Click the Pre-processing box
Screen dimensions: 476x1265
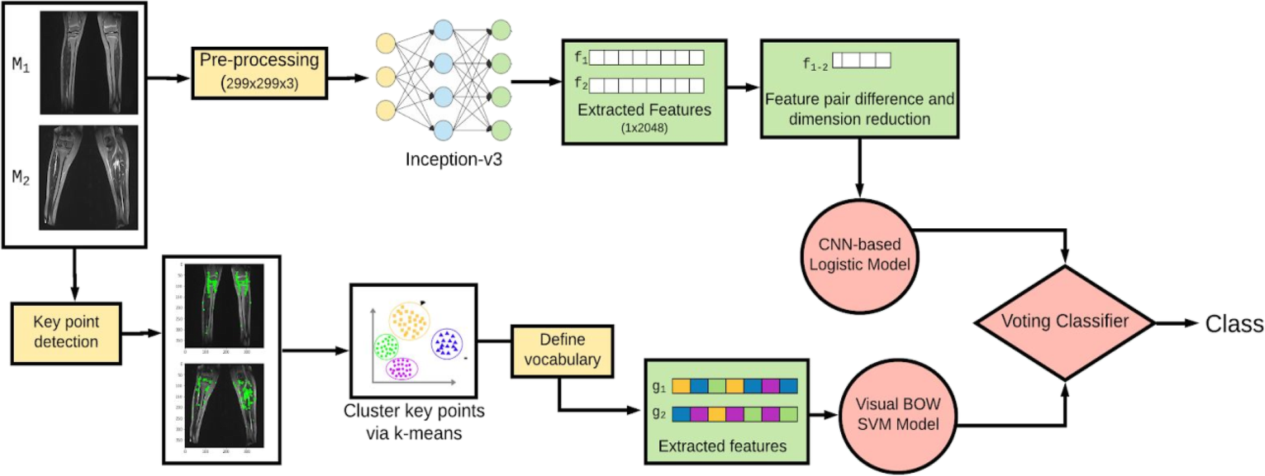pyautogui.click(x=259, y=72)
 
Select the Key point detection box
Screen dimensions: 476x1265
pyautogui.click(x=66, y=332)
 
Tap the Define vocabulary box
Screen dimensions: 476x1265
pyautogui.click(x=562, y=350)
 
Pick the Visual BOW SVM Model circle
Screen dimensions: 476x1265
pyautogui.click(x=898, y=414)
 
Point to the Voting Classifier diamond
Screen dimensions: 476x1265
pyautogui.click(x=1064, y=322)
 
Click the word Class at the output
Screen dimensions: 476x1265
pyautogui.click(x=1234, y=324)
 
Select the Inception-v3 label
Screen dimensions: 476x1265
pyautogui.click(x=454, y=160)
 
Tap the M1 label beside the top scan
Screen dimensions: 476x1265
pyautogui.click(x=21, y=64)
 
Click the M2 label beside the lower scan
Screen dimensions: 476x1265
pyautogui.click(x=21, y=178)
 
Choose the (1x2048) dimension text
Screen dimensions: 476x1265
pyautogui.click(x=644, y=128)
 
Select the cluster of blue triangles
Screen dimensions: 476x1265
pyautogui.click(x=447, y=343)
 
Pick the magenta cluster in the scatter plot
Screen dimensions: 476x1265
pyautogui.click(x=402, y=369)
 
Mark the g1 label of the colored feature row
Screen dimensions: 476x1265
pyautogui.click(x=659, y=387)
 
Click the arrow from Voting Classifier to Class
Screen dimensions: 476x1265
pyautogui.click(x=1175, y=323)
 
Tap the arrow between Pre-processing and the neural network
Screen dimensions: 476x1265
pyautogui.click(x=348, y=78)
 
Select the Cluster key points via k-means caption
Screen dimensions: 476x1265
pyautogui.click(x=414, y=421)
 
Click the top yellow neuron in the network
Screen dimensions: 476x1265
pyautogui.click(x=386, y=44)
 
